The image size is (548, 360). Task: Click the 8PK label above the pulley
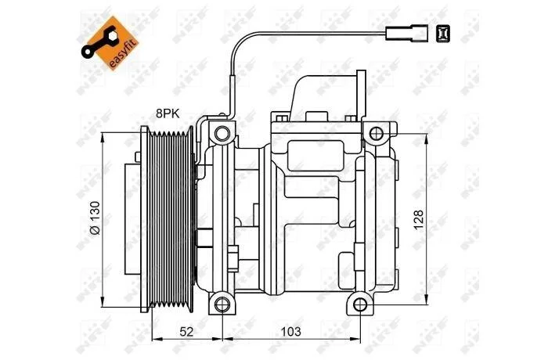coord(168,113)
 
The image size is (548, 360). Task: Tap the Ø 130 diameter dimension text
coord(95,218)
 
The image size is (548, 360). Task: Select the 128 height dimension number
coord(418,219)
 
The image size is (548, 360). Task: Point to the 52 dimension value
coord(186,331)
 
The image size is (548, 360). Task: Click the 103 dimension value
coord(291,331)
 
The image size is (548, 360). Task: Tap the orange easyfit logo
coord(110,43)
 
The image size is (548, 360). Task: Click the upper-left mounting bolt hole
coord(222,134)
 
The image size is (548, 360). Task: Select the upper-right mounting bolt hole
coord(376,134)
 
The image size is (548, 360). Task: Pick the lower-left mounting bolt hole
coord(222,304)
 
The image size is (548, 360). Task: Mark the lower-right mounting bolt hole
coord(360,304)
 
